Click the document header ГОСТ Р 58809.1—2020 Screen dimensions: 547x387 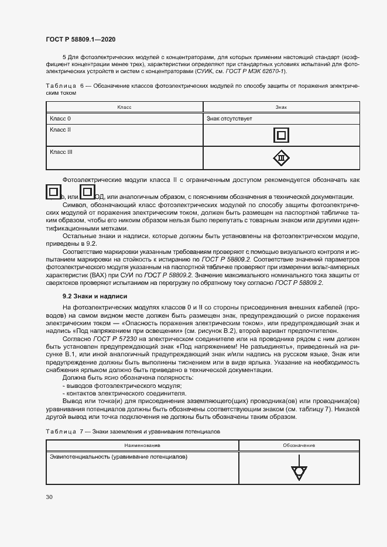[80, 39]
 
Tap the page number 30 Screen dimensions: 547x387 [49, 497]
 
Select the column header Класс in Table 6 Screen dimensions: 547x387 [124, 108]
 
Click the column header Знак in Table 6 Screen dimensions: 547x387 [281, 108]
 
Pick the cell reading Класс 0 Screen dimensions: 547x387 [60, 119]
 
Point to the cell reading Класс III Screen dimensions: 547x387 [61, 152]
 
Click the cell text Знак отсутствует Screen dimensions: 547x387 [230, 119]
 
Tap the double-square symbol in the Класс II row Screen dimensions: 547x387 [282, 136]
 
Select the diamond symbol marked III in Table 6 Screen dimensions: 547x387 [282, 158]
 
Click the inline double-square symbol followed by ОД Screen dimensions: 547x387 [87, 192]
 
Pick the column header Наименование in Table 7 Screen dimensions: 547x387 [142, 445]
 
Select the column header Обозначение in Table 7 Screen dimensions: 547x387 [299, 445]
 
